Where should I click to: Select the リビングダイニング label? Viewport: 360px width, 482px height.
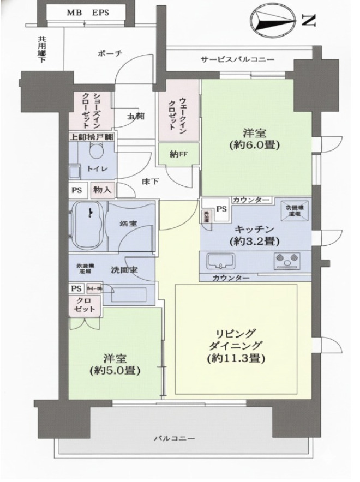(x=236, y=346)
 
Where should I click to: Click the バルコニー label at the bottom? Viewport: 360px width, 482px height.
(x=173, y=438)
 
